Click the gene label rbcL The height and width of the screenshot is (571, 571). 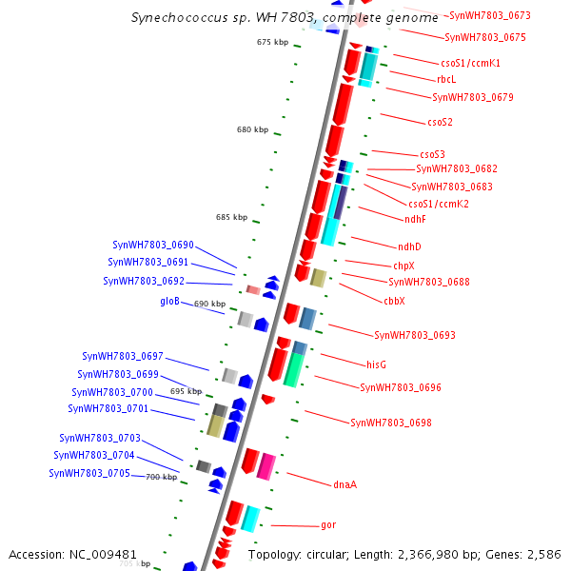coord(446,80)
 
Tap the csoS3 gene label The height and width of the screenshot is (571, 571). coord(432,154)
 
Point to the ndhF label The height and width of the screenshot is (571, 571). coord(415,219)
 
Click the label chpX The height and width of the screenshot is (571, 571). coord(404,266)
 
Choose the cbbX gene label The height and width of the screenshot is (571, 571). coord(394,301)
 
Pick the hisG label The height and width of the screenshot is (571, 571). coord(377,364)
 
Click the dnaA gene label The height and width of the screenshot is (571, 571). coord(345,484)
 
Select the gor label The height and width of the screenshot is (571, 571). coord(328,525)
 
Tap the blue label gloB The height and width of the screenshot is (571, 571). coord(169,301)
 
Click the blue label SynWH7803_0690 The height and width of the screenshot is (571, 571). coord(153,245)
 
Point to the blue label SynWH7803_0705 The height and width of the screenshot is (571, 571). coord(89,473)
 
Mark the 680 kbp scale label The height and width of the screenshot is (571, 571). coord(252,129)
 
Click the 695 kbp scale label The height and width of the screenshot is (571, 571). coord(186,391)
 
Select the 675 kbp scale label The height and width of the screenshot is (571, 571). coord(272,42)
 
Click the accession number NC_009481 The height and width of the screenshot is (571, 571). coord(104,554)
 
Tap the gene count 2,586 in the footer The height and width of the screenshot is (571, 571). coord(543,554)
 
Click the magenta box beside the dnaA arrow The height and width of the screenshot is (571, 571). coord(266,465)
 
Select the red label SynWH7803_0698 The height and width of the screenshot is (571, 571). coord(391,423)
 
